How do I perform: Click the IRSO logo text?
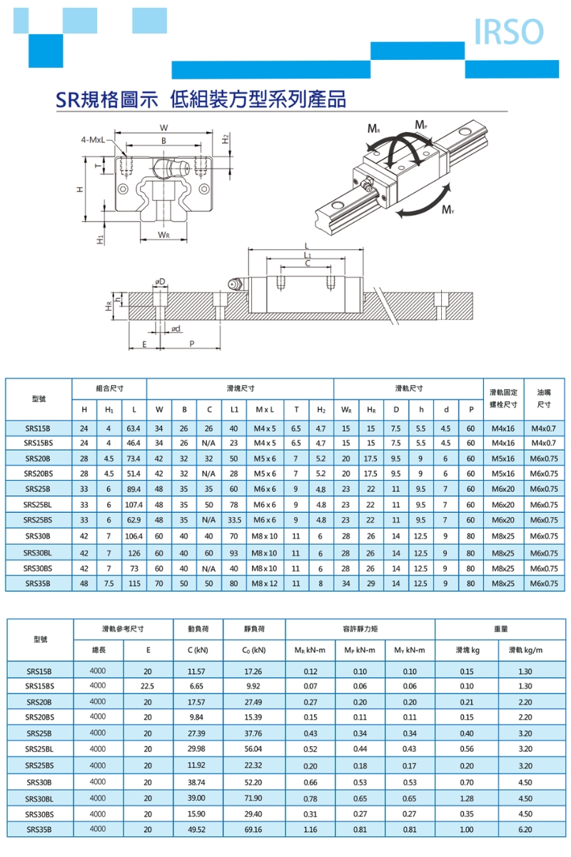click(508, 32)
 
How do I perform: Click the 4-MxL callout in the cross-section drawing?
click(94, 139)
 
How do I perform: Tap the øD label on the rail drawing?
click(161, 282)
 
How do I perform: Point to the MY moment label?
click(448, 209)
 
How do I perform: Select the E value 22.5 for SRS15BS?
click(148, 686)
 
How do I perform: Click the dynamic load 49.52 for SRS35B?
click(196, 829)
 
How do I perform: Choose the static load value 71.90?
click(253, 798)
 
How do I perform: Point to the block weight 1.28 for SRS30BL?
click(467, 798)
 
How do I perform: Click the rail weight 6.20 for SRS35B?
click(525, 829)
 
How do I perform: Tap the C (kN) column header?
click(197, 650)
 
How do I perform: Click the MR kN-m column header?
click(310, 650)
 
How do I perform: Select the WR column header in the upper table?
click(345, 409)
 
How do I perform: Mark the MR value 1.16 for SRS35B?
click(310, 829)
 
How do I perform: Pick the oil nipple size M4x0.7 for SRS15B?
click(544, 428)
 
